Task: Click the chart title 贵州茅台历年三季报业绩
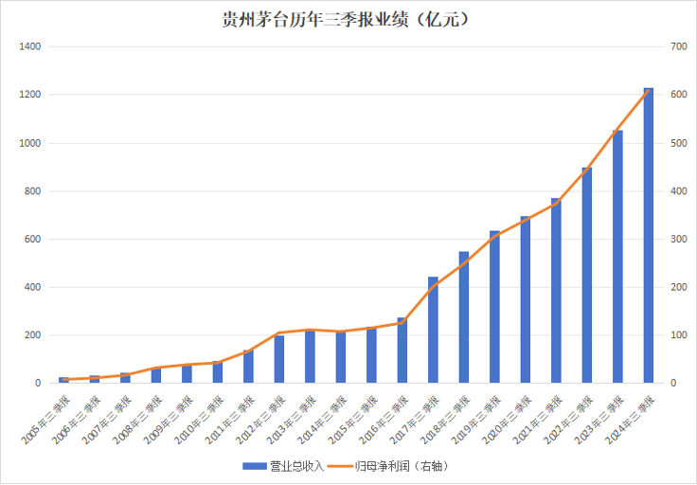pos(347,19)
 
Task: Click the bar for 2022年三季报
pos(587,275)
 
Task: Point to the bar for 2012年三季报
pos(279,359)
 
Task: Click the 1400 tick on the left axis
pos(30,46)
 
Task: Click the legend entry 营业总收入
pos(284,466)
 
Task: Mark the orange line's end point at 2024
pos(649,90)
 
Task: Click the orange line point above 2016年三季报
pos(402,322)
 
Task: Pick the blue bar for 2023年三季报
pos(617,256)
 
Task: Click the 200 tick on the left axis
pos(33,335)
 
